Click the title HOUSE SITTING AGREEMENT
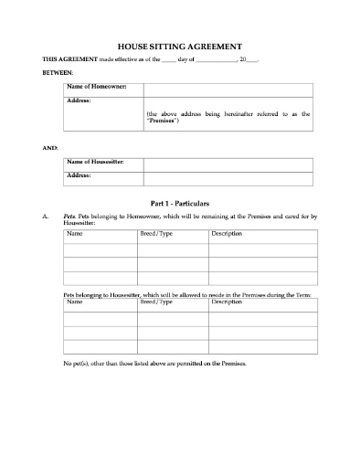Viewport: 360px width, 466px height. [180, 45]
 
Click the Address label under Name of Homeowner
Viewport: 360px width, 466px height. [79, 100]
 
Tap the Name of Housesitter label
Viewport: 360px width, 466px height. [97, 162]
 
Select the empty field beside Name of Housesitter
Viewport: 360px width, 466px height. [229, 162]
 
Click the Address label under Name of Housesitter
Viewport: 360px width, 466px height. [79, 174]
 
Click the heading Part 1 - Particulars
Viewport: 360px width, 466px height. [180, 200]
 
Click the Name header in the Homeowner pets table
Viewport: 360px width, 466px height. [75, 235]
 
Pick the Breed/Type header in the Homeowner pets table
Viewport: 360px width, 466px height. [154, 235]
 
